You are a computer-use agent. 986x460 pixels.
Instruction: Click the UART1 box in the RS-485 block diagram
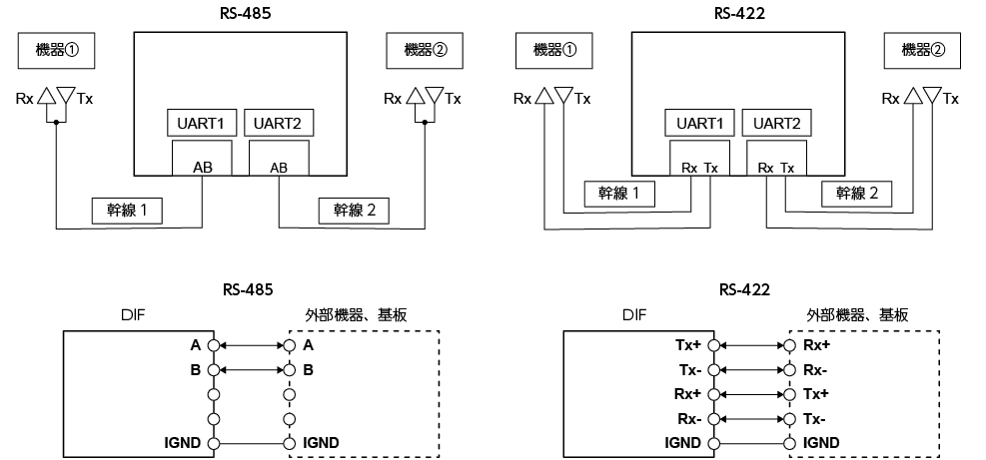tap(202, 123)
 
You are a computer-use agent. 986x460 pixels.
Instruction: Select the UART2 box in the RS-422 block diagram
tap(776, 123)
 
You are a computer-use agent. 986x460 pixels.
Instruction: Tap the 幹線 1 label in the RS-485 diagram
tap(127, 211)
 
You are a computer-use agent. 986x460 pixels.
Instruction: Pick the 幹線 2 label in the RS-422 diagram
tap(856, 194)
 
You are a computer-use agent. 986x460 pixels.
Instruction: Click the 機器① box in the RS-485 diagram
tap(57, 51)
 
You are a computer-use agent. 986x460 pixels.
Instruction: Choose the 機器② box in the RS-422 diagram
tap(922, 51)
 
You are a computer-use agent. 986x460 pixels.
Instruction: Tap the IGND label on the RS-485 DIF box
tap(183, 443)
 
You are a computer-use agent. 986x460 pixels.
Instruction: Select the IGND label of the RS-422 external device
tap(821, 443)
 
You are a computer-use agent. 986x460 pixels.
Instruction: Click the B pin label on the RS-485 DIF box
tap(195, 370)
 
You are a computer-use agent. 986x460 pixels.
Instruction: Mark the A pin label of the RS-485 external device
tap(308, 345)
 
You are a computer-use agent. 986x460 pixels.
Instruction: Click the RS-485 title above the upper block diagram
tap(247, 13)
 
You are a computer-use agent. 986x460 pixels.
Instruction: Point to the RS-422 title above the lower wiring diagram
tap(744, 289)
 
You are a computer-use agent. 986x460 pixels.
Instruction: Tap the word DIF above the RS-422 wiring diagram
tap(633, 315)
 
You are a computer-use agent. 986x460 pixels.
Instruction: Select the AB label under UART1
tap(203, 168)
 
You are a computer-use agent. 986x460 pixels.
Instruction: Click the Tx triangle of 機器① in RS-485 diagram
tap(66, 95)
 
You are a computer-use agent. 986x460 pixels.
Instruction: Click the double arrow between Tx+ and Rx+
tap(752, 345)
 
